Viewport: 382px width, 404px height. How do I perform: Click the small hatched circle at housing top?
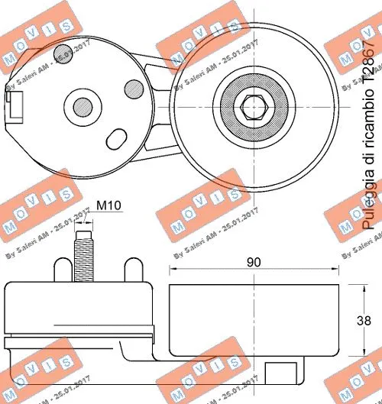(x=63, y=51)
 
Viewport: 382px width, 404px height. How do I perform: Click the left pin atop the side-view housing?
(x=57, y=270)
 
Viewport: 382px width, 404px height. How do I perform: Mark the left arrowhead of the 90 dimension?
(x=172, y=271)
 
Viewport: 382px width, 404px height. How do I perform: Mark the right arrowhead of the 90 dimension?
(x=335, y=271)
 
